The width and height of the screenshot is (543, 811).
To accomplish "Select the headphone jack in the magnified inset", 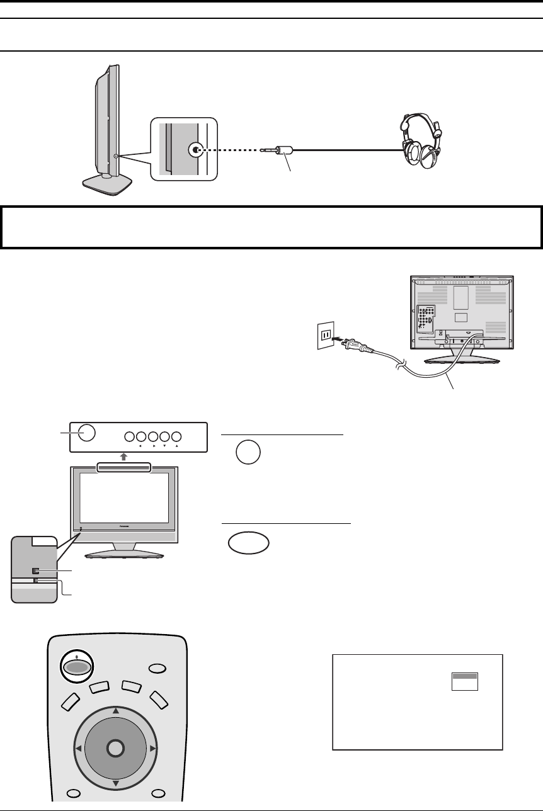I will coord(197,150).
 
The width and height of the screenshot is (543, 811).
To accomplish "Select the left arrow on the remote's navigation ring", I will coord(77,748).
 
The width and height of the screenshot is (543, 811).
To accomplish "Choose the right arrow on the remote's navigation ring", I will coord(152,748).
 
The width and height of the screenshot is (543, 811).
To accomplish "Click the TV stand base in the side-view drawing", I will coord(107,184).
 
